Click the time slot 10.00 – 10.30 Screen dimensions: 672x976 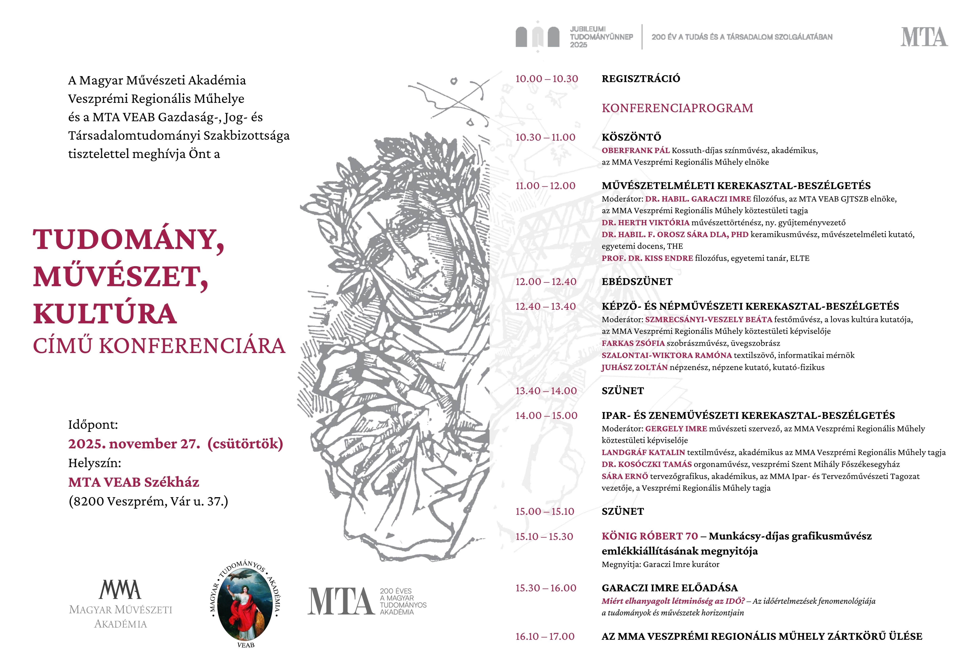pyautogui.click(x=546, y=79)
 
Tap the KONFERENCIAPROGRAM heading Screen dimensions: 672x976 pyautogui.click(x=677, y=108)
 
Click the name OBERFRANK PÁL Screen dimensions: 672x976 pyautogui.click(x=635, y=150)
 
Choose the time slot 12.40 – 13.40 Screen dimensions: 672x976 pyautogui.click(x=545, y=307)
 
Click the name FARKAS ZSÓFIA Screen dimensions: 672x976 pyautogui.click(x=633, y=343)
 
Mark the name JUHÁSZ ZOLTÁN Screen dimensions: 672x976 pyautogui.click(x=634, y=367)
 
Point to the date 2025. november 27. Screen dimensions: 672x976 pyautogui.click(x=134, y=444)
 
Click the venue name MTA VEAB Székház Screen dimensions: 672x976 pyautogui.click(x=134, y=482)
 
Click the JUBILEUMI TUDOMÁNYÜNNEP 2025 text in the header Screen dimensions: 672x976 pyautogui.click(x=601, y=37)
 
